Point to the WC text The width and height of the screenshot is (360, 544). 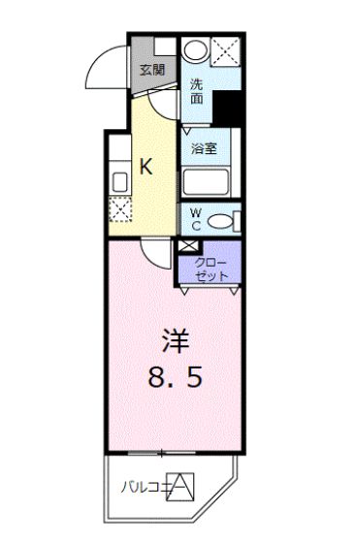(x=195, y=220)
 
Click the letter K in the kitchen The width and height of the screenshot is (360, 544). (x=146, y=166)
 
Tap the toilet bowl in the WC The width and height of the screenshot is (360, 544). (x=222, y=221)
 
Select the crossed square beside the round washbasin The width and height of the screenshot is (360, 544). (x=228, y=51)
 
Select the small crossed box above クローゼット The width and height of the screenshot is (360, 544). (x=187, y=246)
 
